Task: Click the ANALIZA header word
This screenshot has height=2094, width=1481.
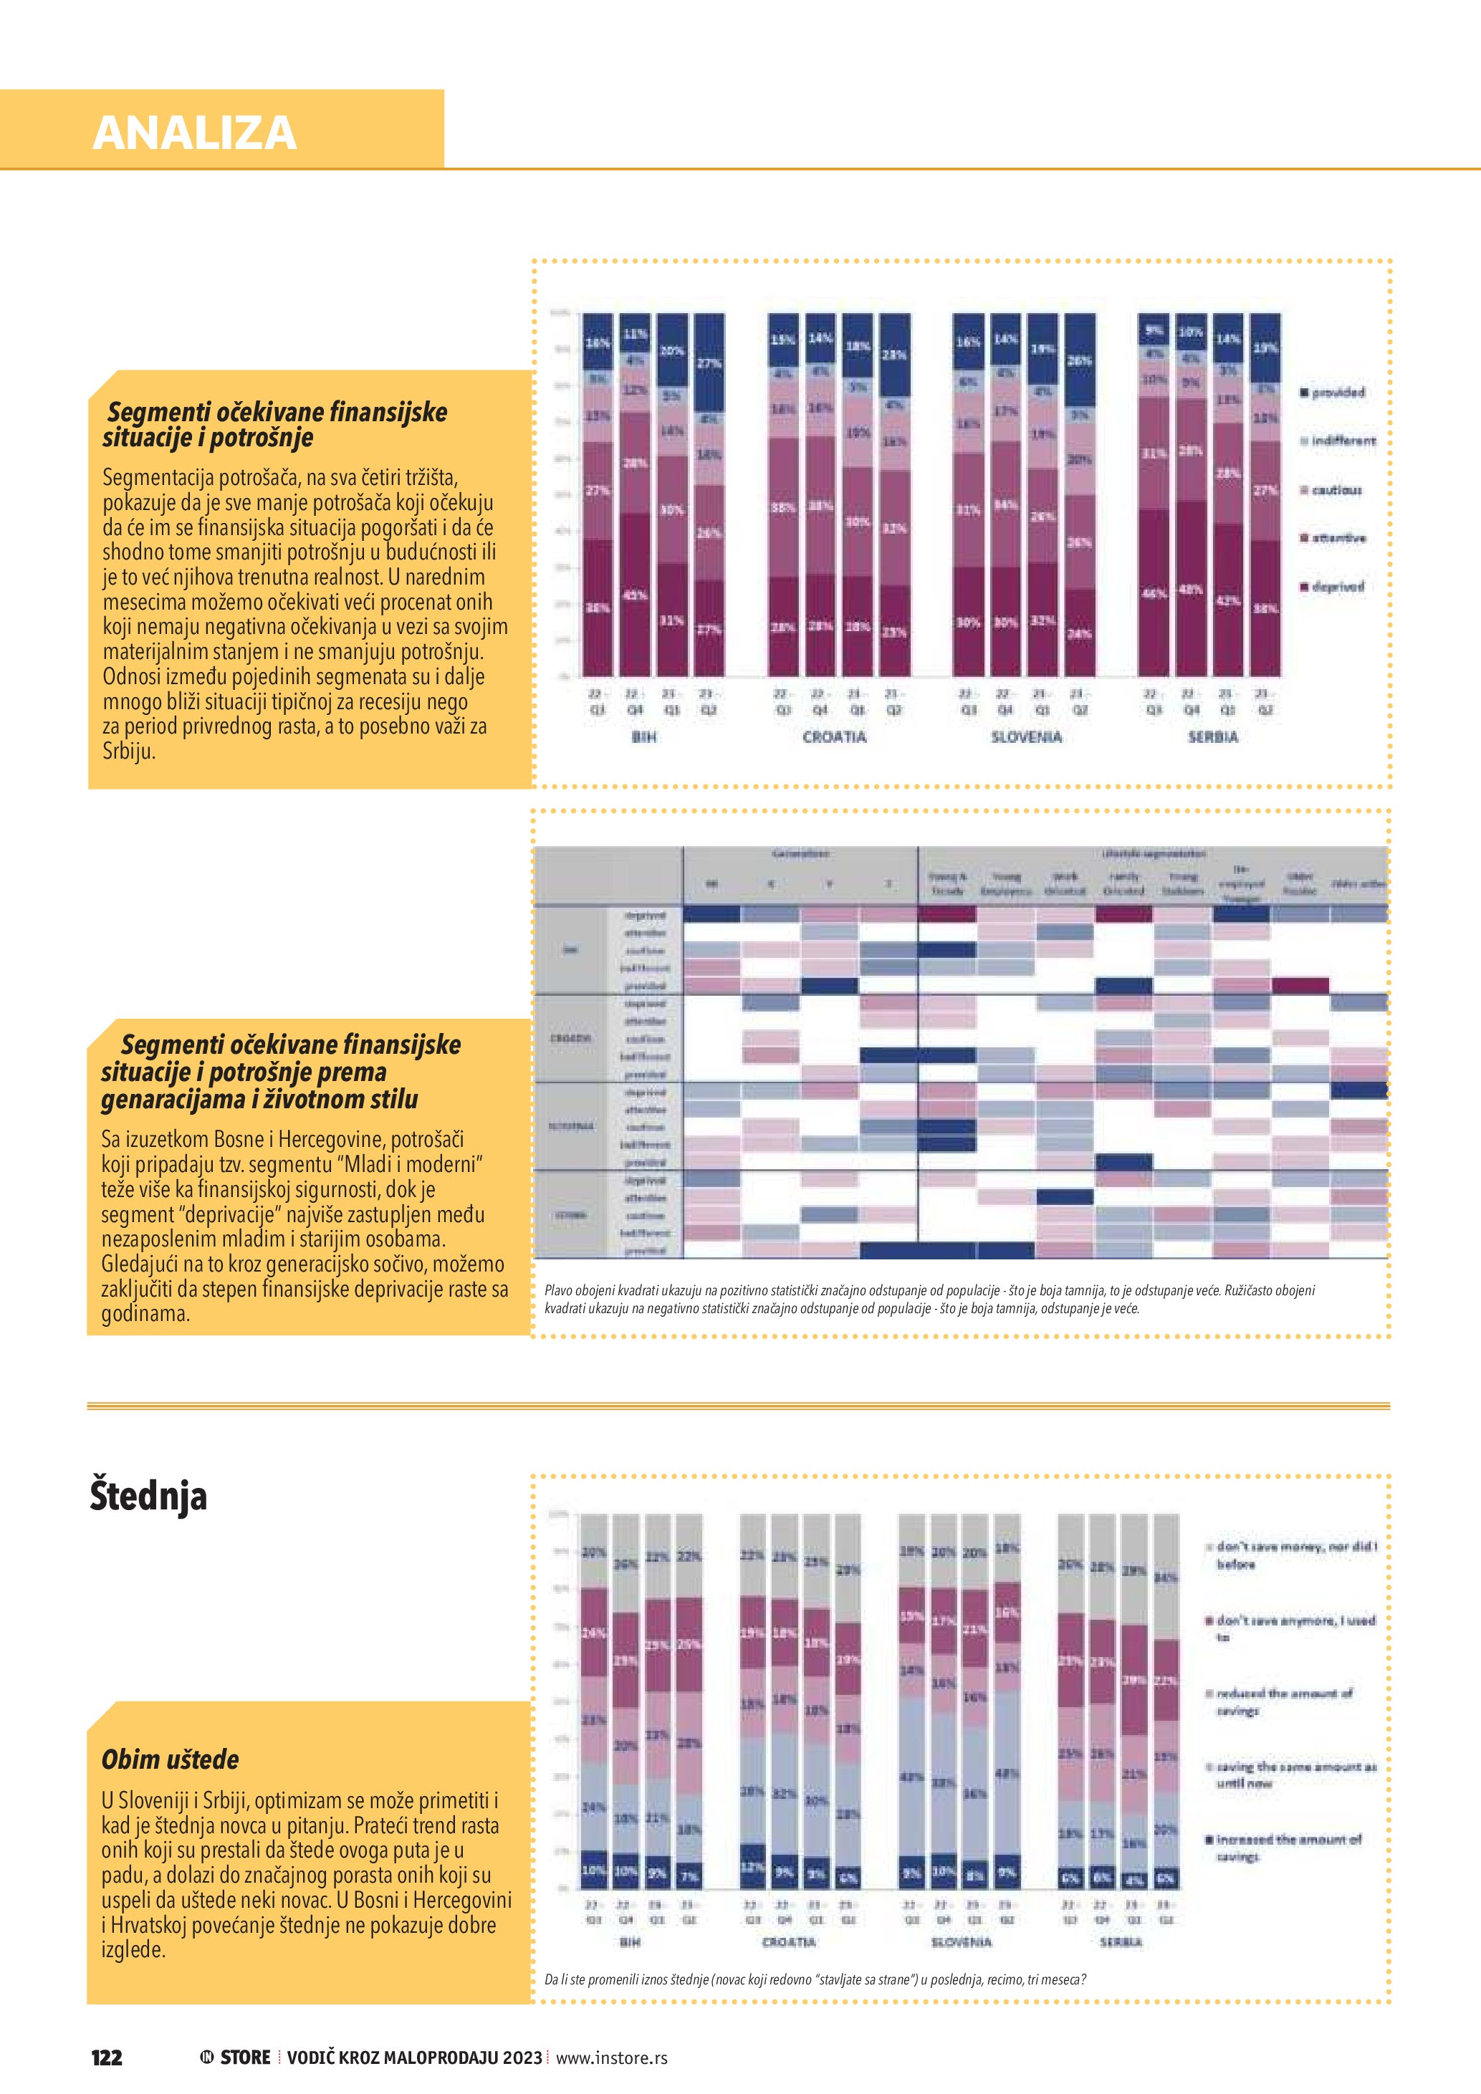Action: tap(194, 133)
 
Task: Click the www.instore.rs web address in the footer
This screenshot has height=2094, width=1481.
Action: tap(611, 2057)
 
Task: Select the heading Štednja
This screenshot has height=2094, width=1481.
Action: tap(148, 1496)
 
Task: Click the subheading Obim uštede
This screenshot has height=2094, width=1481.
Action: tap(170, 1759)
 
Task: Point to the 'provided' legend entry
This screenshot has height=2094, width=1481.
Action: tap(1337, 392)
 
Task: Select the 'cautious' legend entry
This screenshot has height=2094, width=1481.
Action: tap(1335, 490)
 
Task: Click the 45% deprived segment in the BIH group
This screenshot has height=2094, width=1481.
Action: tap(635, 595)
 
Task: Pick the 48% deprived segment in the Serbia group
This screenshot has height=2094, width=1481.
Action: tap(1190, 589)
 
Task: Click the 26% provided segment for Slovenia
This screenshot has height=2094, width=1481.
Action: tap(1080, 360)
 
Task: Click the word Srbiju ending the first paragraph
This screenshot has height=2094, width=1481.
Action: tap(128, 751)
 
